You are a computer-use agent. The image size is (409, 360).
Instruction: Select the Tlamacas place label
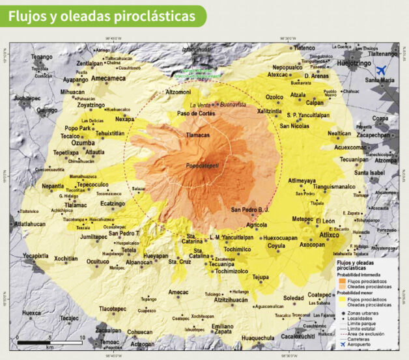pyautogui.click(x=198, y=135)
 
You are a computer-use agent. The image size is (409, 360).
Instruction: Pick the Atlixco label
pyautogui.click(x=329, y=235)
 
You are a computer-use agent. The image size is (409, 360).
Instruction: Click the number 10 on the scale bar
pyautogui.click(x=81, y=338)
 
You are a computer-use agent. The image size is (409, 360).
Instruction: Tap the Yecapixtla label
pyautogui.click(x=36, y=256)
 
